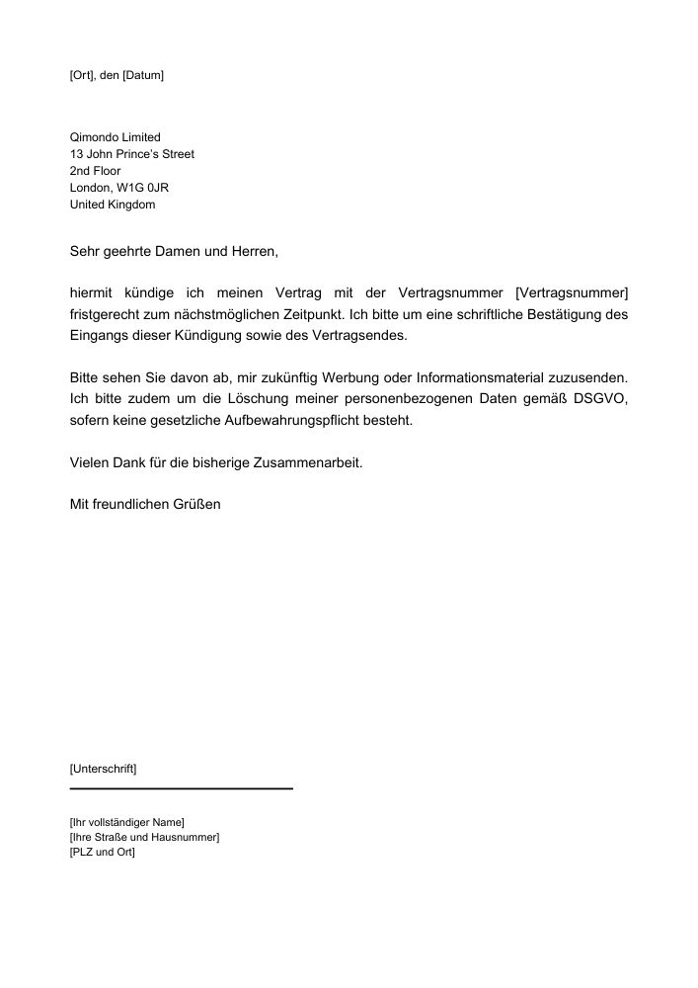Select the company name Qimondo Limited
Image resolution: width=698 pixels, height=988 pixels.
[115, 137]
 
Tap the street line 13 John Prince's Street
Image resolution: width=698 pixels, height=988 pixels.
[131, 154]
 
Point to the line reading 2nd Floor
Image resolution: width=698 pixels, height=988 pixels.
[95, 171]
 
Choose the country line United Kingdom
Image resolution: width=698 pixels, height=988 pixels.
[112, 205]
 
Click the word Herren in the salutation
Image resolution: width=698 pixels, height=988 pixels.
[255, 252]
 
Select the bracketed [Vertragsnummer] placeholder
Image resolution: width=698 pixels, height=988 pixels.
[572, 293]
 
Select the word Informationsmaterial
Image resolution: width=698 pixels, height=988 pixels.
[492, 378]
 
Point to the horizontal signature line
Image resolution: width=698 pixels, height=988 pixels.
[182, 788]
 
